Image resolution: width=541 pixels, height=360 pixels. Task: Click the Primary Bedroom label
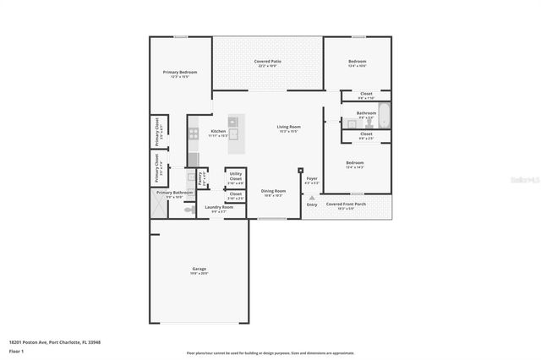coord(180,74)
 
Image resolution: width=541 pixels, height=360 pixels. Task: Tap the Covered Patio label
coord(268,63)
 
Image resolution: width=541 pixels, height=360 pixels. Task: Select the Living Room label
coord(289,128)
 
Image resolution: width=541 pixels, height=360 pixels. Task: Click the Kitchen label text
coord(218,133)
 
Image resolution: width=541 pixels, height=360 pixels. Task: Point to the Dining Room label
coord(273,192)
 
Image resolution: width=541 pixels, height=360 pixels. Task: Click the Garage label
coord(199,270)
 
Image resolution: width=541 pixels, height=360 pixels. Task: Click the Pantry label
coord(200,177)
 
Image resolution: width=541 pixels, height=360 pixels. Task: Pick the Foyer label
coord(311,178)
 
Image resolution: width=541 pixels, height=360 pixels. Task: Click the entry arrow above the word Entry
coord(312,198)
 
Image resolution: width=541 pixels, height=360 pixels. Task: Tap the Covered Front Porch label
coord(347,205)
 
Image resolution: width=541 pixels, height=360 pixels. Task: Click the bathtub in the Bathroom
coord(383,115)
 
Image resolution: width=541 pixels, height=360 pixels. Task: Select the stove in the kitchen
coord(194,133)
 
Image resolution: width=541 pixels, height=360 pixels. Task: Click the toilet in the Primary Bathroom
coord(190,208)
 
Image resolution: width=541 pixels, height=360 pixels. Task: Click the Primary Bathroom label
coord(175,194)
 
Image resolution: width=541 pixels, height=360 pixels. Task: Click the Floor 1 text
coord(16,350)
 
